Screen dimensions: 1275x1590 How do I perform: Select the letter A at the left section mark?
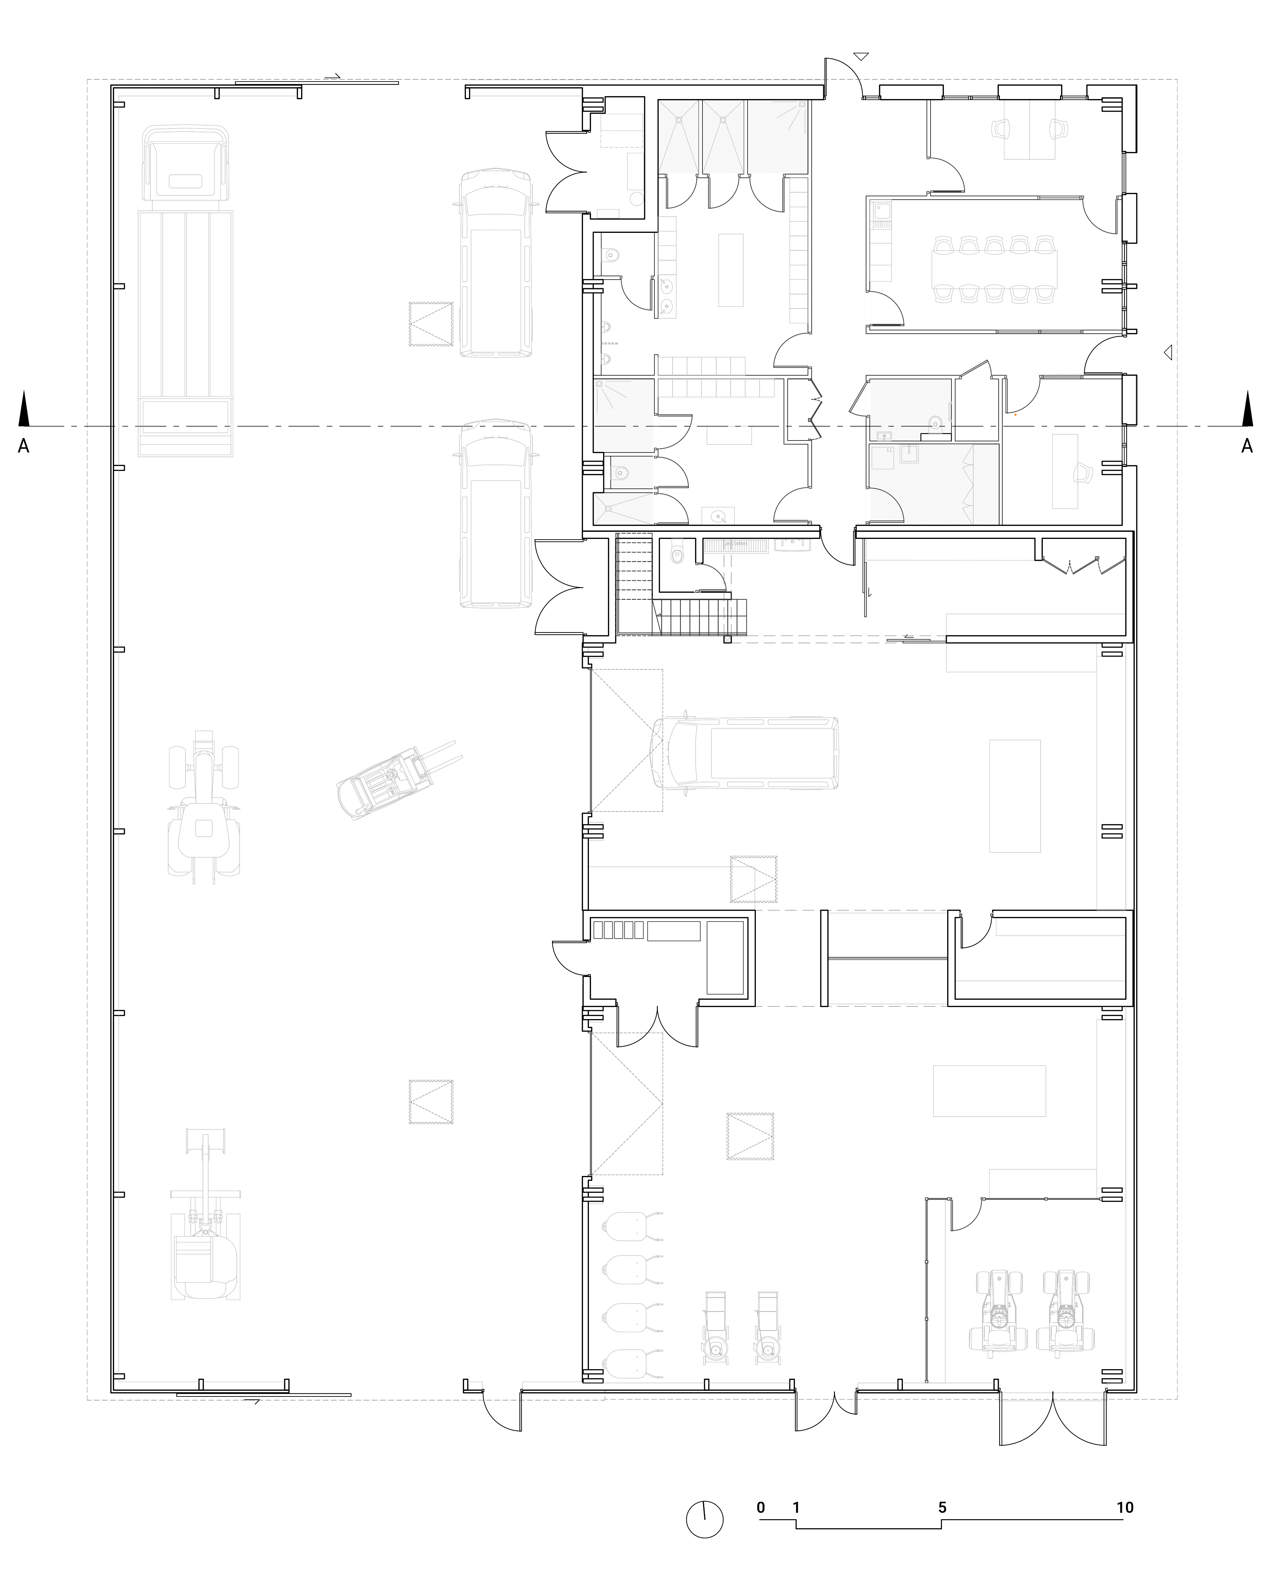point(24,445)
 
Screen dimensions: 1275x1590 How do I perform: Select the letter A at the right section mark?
point(1247,445)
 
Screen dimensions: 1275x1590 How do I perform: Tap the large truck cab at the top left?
point(186,164)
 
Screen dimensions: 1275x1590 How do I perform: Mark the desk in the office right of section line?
point(1065,471)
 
